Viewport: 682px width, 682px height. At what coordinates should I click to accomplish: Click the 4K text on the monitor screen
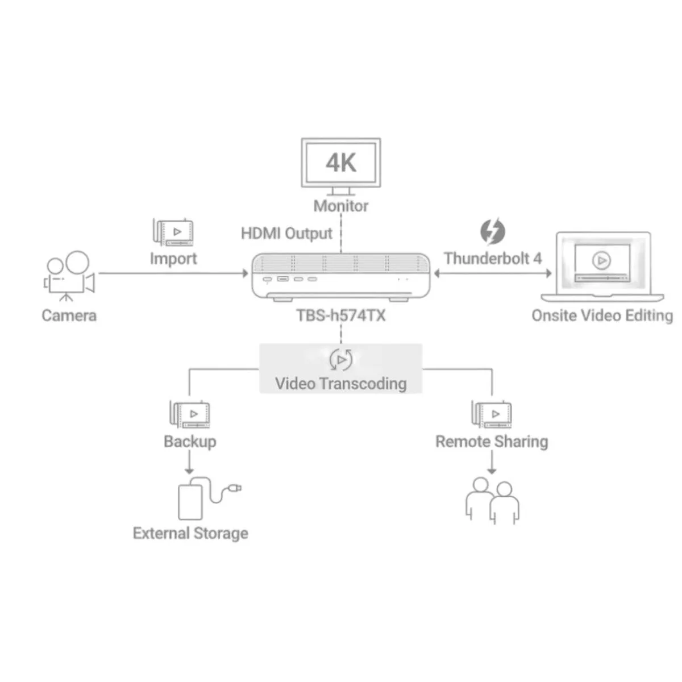tap(341, 163)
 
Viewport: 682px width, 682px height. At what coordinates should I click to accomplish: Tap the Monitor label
tap(341, 206)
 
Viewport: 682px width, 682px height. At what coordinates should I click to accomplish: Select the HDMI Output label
tap(286, 234)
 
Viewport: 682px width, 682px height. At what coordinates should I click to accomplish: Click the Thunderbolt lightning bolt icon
tap(492, 231)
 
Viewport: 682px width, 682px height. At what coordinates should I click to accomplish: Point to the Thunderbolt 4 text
tap(493, 259)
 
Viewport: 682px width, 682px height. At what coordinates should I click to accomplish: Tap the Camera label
tap(69, 315)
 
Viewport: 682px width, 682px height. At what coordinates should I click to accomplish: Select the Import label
tap(173, 259)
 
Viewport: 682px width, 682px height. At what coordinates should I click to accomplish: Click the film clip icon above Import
tap(173, 232)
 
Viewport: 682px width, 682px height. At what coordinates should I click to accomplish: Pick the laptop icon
tap(602, 267)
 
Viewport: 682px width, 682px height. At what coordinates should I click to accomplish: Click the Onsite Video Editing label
tap(602, 315)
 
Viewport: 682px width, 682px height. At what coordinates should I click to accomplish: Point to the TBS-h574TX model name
tap(341, 315)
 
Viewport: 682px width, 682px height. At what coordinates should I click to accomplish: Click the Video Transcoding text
tap(341, 384)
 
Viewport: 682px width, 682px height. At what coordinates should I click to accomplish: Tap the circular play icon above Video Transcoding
tap(341, 360)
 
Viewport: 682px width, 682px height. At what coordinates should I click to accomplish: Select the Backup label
tap(190, 442)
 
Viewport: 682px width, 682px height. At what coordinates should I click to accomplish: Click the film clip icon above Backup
tap(190, 414)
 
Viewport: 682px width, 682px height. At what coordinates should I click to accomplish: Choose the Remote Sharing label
tap(492, 442)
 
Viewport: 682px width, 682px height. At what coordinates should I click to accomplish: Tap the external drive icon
tap(210, 498)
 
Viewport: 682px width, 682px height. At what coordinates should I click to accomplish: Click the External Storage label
tap(190, 533)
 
